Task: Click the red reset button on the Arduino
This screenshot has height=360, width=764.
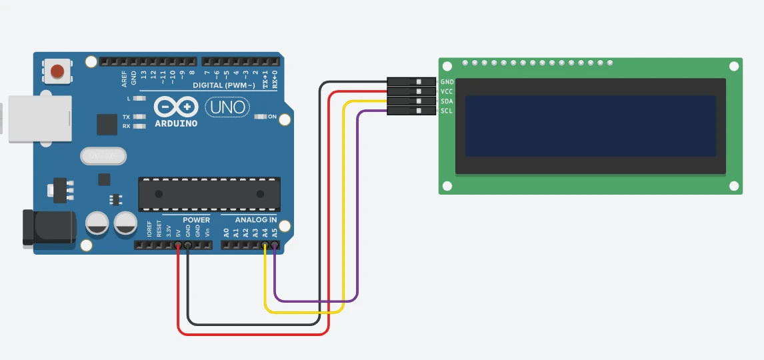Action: [x=58, y=70]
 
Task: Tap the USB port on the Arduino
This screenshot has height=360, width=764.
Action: [x=39, y=119]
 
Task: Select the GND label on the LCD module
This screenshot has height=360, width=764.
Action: [x=447, y=82]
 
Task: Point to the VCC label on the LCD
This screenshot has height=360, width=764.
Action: [x=447, y=91]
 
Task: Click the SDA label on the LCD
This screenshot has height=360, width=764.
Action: [x=447, y=101]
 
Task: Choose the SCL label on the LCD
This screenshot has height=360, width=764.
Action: [x=447, y=111]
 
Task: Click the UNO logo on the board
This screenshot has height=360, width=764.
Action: [x=227, y=107]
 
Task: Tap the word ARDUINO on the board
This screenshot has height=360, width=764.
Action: [x=176, y=123]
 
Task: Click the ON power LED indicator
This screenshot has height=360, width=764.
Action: [x=260, y=117]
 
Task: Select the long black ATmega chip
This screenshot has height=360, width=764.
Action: [x=209, y=193]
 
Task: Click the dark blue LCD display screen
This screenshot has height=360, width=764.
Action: [x=590, y=126]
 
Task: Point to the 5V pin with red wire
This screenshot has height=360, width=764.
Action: [x=178, y=245]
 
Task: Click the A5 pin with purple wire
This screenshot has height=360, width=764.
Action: [x=275, y=245]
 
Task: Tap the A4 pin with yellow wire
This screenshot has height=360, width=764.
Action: [x=265, y=245]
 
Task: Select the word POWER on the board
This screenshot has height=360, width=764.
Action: [x=196, y=220]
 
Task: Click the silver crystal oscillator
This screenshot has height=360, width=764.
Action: [x=103, y=156]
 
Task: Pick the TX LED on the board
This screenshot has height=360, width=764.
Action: [x=139, y=117]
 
